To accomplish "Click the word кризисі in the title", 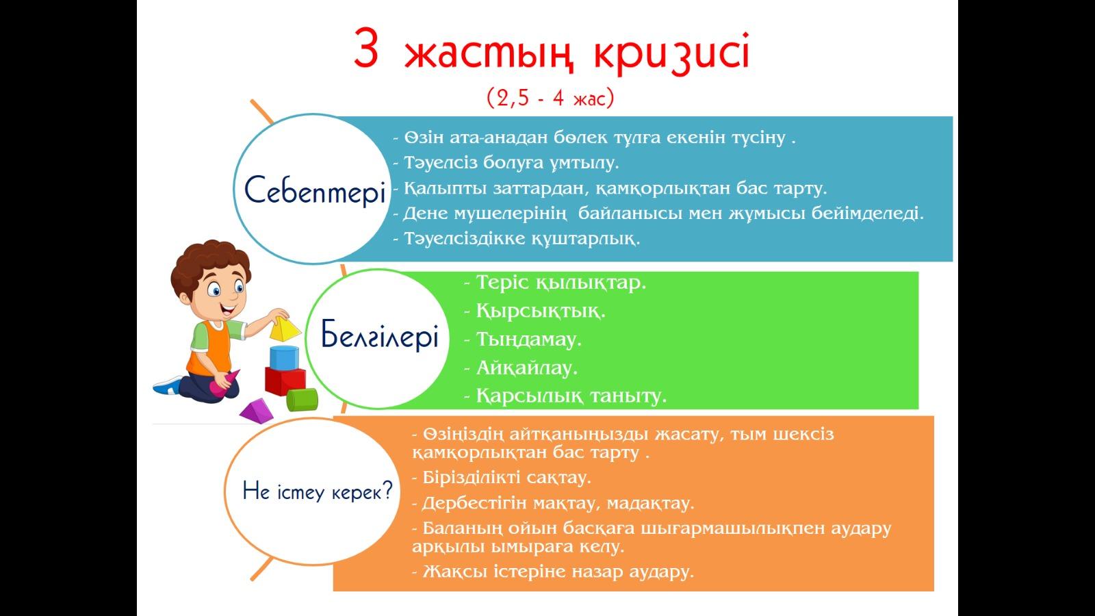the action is (x=671, y=53).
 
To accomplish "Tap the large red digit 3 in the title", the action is (x=366, y=49).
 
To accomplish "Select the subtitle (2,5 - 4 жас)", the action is (x=550, y=98).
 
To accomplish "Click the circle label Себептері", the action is (x=315, y=191).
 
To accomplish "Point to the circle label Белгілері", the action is (x=379, y=335).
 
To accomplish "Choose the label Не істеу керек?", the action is (x=318, y=490).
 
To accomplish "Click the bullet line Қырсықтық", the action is (x=534, y=311).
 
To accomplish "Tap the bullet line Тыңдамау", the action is (x=523, y=339).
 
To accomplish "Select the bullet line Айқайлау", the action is (x=521, y=368).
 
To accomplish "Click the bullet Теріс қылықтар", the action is (x=555, y=283).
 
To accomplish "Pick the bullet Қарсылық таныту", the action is (x=565, y=396).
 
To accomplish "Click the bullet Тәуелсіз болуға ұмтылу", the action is (x=506, y=163).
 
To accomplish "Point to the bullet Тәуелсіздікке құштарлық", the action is (x=517, y=239).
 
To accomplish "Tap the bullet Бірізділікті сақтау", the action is (x=502, y=477).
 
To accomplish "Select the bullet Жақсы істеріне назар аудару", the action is (x=553, y=572).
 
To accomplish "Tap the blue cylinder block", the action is (x=284, y=358).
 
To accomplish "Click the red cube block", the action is (x=285, y=381).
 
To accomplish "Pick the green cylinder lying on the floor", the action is (x=302, y=400).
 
